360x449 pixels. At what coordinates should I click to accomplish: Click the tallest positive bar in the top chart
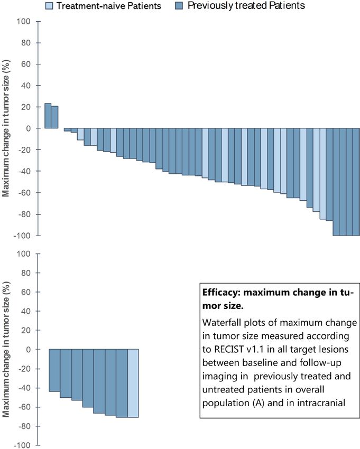48,116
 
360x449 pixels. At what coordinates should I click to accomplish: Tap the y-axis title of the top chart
7,129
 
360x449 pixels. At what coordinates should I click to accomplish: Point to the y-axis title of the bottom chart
7,350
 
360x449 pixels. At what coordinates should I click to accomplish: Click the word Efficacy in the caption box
220,291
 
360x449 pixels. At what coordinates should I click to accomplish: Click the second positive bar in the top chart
54,117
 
